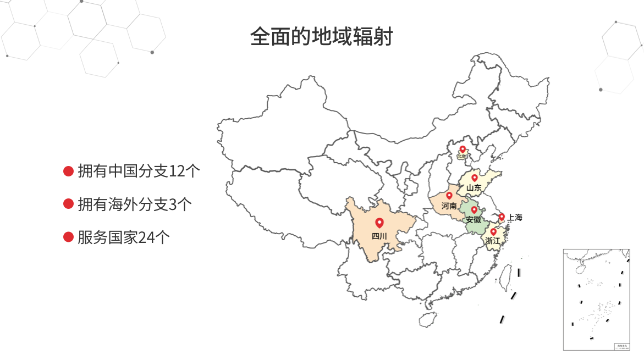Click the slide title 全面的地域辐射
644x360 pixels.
click(321, 37)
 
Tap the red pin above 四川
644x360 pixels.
click(379, 223)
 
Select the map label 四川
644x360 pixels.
click(379, 237)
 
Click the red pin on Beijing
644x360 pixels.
click(463, 149)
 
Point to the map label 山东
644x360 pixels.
click(474, 188)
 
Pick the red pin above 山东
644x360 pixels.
click(475, 178)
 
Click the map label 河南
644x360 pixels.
click(449, 206)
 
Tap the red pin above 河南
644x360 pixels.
click(449, 195)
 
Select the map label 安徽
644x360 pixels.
click(473, 219)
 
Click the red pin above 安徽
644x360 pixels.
click(474, 209)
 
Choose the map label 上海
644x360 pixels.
click(515, 218)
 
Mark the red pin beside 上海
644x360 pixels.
click(502, 217)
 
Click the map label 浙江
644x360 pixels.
click(493, 241)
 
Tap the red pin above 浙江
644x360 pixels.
click(493, 231)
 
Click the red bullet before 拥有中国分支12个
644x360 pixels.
click(68, 171)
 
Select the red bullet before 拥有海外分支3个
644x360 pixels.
click(68, 204)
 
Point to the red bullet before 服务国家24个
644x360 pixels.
click(68, 237)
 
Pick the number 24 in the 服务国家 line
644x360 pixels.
click(147, 237)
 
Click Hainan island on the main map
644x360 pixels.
click(427, 319)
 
